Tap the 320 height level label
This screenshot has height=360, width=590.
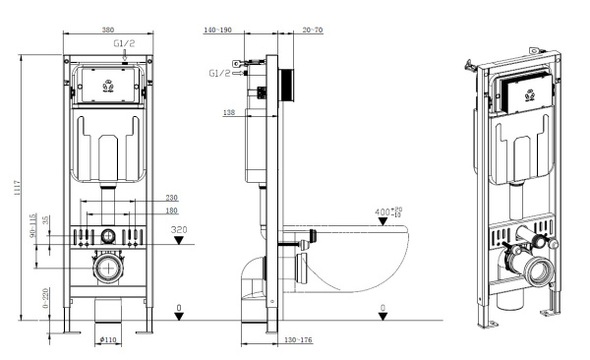coord(179,229)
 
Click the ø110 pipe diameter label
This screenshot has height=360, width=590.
coord(108,339)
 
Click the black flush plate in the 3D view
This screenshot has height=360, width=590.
coord(522,94)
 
